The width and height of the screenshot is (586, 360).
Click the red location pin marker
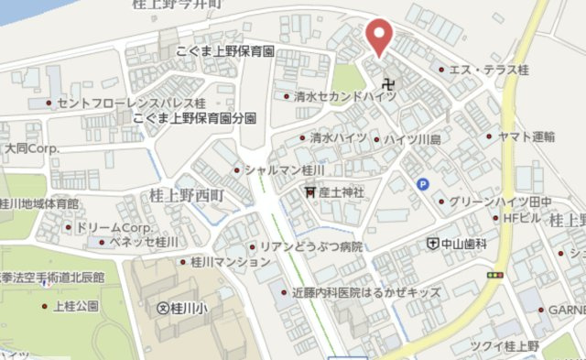[x=378, y=36]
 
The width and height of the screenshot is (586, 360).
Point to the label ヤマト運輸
[x=526, y=136]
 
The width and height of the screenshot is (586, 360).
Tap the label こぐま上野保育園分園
[x=193, y=118]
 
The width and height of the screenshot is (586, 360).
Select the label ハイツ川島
[x=412, y=138]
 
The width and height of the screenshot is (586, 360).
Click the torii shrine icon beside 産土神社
[x=311, y=191]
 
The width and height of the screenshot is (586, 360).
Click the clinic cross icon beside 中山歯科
[x=432, y=244]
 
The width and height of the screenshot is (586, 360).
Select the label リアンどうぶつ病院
[x=311, y=246]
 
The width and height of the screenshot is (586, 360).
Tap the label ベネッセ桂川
[x=144, y=242]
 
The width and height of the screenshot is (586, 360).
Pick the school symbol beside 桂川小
[x=165, y=308]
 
